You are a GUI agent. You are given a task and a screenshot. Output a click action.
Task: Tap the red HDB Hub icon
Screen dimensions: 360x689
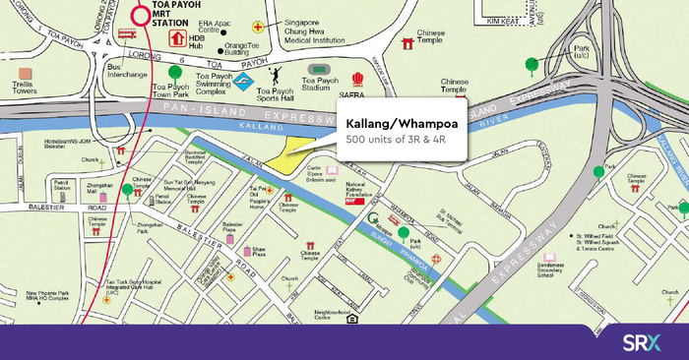point(177,38)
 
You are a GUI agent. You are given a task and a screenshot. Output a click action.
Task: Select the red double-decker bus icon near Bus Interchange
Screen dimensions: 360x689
point(125,33)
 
